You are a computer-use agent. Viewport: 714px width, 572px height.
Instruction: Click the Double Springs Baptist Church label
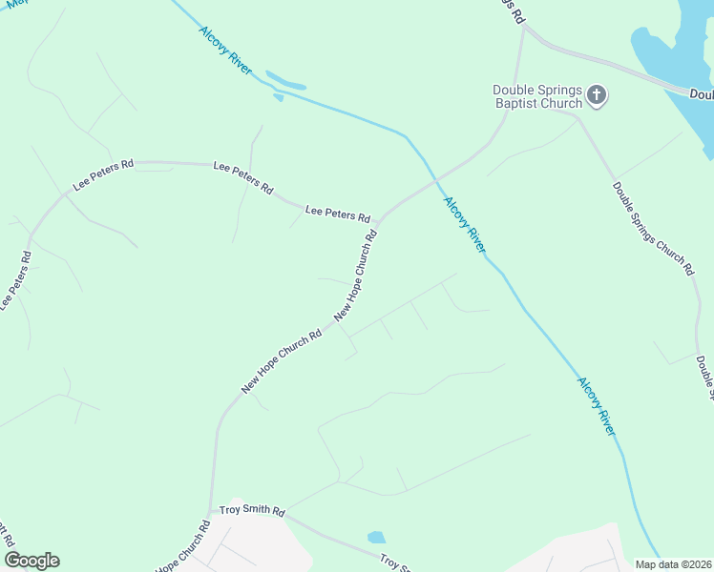click(x=537, y=96)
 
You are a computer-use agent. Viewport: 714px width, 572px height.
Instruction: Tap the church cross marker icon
click(x=597, y=94)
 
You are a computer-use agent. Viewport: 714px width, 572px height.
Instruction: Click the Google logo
click(x=31, y=560)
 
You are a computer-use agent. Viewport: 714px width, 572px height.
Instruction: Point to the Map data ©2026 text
click(x=673, y=564)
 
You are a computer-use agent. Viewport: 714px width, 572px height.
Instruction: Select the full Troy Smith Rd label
click(x=252, y=512)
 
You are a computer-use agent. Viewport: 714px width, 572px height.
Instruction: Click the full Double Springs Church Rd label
click(x=653, y=229)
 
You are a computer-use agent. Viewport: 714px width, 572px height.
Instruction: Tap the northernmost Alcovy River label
click(x=226, y=51)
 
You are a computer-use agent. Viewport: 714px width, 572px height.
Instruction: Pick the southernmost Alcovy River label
click(x=597, y=406)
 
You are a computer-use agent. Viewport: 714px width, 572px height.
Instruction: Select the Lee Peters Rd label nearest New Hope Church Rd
click(x=337, y=213)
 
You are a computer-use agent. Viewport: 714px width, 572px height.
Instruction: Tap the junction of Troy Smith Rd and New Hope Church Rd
click(x=211, y=512)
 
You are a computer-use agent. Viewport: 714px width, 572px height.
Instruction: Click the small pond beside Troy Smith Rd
click(x=376, y=538)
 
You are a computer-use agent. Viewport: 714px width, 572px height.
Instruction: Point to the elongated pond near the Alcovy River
click(x=285, y=80)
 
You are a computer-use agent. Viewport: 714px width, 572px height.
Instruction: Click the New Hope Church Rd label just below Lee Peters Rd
click(x=355, y=276)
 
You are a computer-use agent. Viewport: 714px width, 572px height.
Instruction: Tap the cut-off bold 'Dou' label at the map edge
click(x=702, y=93)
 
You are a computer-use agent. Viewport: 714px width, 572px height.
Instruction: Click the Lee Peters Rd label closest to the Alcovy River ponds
click(x=243, y=175)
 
